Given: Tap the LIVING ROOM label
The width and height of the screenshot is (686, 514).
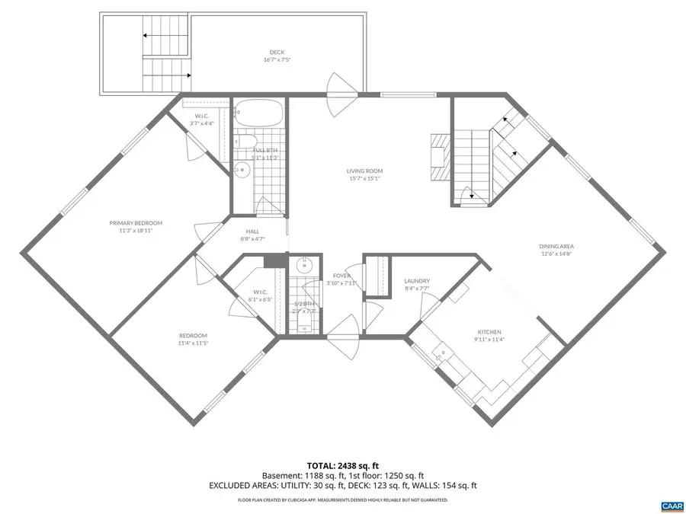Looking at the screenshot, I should click(x=365, y=171).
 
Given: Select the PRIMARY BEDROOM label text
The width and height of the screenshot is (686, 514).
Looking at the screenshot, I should click(x=136, y=223).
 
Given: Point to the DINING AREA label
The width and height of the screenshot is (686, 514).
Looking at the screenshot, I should click(x=556, y=246).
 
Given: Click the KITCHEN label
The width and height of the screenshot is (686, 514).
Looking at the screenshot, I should click(x=489, y=332).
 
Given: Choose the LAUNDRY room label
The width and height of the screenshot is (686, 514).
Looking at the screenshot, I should click(x=417, y=281).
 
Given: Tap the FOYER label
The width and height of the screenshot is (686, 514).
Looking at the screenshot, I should click(x=341, y=275).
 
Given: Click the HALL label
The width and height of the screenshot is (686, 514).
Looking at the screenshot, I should click(x=252, y=231).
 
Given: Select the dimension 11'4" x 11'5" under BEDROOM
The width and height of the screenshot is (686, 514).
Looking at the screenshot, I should click(x=193, y=343).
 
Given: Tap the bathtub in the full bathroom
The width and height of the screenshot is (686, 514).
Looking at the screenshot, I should click(x=258, y=114).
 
